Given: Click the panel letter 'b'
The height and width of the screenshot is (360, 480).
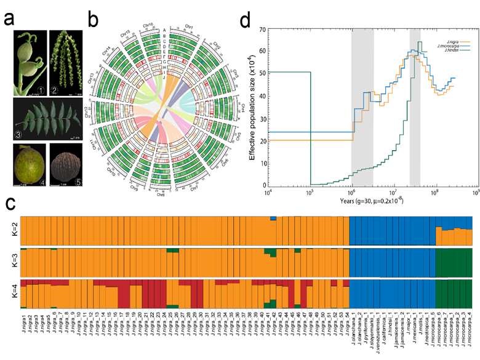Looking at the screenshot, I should pyautogui.click(x=93, y=18).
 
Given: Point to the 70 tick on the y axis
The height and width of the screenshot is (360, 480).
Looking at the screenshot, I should pyautogui.click(x=262, y=29).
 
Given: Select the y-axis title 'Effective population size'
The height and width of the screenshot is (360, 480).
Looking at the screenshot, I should pyautogui.click(x=254, y=108).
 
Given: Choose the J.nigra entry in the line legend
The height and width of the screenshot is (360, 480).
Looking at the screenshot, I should pyautogui.click(x=431, y=39).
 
